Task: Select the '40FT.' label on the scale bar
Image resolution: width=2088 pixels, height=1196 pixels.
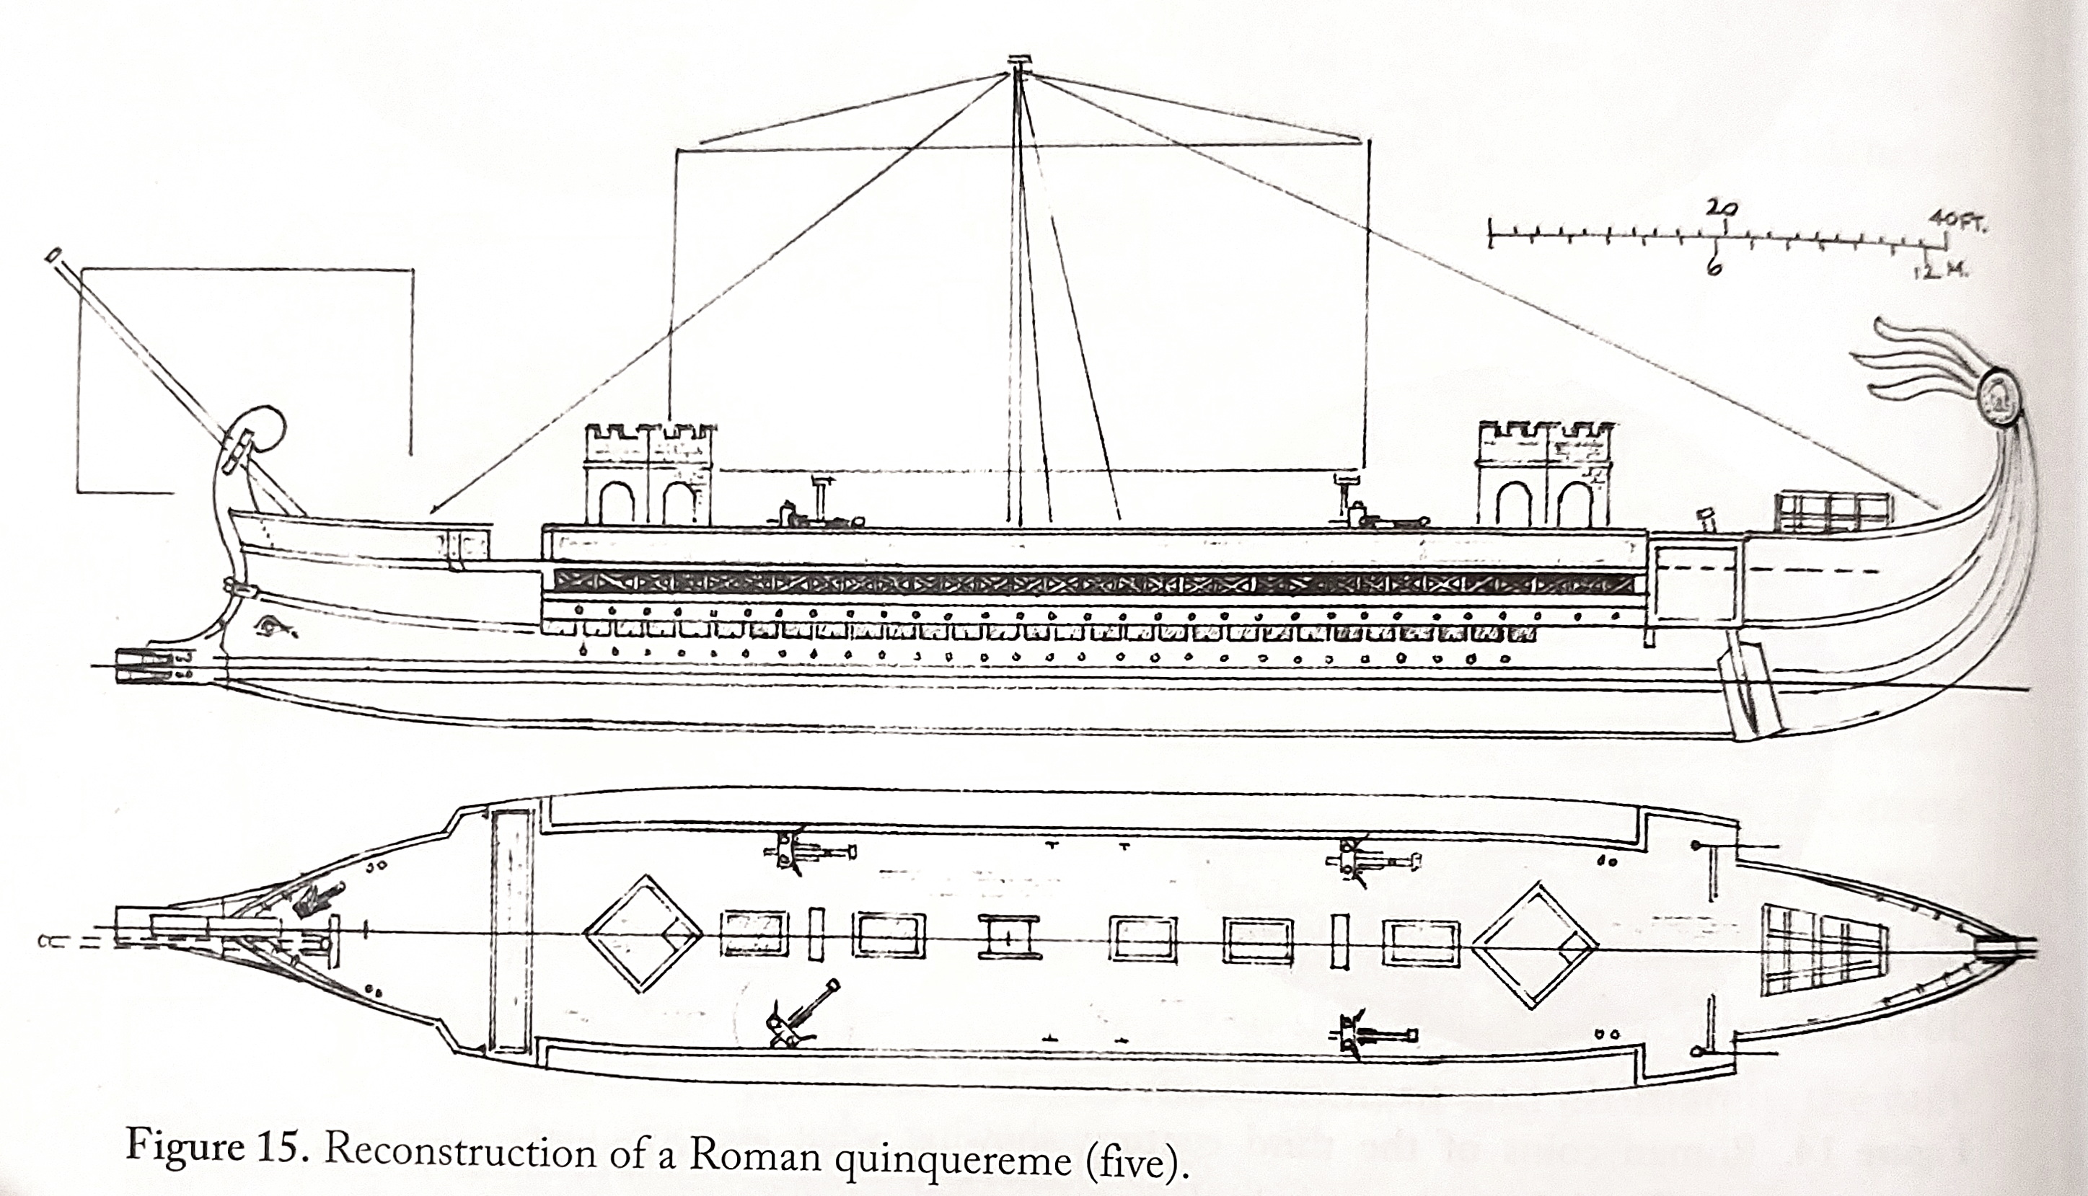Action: tap(1959, 220)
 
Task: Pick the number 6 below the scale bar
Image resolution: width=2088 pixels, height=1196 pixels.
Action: tap(1713, 266)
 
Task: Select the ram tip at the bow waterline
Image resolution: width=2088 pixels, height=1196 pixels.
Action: tap(131, 665)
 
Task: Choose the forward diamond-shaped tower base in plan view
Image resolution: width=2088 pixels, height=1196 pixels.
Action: tap(643, 933)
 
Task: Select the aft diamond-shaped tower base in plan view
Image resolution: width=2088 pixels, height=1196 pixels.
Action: tap(1533, 945)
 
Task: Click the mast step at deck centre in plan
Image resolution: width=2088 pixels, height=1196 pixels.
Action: tap(1008, 937)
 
